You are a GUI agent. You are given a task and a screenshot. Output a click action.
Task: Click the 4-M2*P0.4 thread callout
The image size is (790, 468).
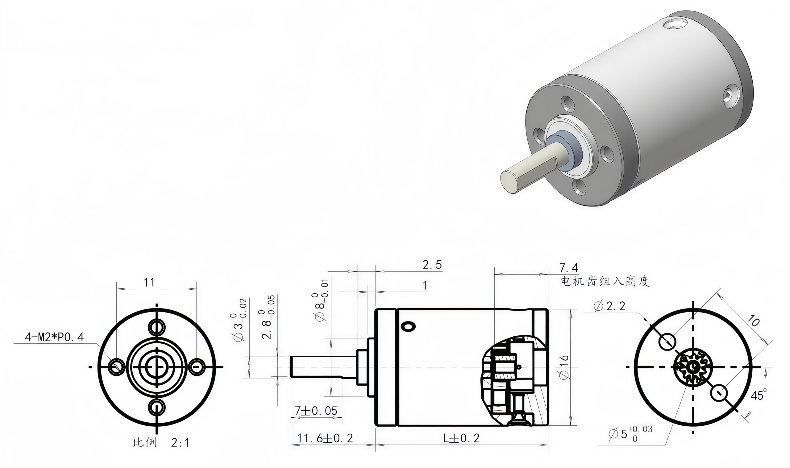(x=54, y=337)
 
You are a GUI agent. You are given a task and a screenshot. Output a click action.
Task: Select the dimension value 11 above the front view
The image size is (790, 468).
(x=149, y=282)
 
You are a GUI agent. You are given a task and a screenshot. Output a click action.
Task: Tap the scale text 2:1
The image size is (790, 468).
(x=180, y=443)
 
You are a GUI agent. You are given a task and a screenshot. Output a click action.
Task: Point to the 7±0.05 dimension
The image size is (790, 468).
(x=316, y=411)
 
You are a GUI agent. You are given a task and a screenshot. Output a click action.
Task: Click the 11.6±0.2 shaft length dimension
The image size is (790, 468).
(x=325, y=438)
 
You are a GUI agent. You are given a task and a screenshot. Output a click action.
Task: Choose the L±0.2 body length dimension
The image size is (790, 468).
(x=461, y=438)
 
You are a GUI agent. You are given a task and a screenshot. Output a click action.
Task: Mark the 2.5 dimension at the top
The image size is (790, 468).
(x=432, y=265)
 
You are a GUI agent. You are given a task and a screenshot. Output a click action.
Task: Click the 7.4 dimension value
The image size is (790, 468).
(x=569, y=268)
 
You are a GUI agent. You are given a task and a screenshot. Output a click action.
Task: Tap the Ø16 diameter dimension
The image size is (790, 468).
(x=563, y=367)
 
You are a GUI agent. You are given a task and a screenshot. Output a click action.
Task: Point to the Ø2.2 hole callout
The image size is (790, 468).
(x=609, y=306)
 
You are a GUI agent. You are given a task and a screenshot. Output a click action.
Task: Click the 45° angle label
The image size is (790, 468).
(x=759, y=395)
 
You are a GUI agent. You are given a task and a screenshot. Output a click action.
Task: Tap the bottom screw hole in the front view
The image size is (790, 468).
(x=157, y=408)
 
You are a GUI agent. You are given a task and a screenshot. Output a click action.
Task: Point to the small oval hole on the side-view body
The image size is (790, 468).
(x=408, y=326)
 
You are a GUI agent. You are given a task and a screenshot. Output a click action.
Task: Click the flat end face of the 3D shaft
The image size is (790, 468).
(x=509, y=181)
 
